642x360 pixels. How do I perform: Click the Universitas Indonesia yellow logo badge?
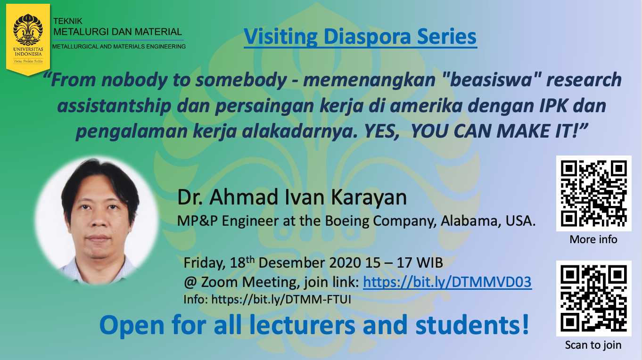point(28,40)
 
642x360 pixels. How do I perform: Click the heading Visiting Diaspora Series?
point(360,37)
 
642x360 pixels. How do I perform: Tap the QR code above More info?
point(594,193)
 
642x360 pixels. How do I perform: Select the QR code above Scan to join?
point(594,298)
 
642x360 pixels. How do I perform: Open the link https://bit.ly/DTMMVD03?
point(447,282)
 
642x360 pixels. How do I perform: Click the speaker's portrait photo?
point(97,221)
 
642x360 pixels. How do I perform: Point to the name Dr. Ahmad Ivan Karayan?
point(292,197)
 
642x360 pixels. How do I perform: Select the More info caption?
point(593,239)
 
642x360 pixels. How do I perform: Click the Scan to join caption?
point(593,345)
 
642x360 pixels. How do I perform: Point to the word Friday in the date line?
point(205,263)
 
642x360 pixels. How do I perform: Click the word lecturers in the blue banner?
point(302,325)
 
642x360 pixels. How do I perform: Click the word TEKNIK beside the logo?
point(68,21)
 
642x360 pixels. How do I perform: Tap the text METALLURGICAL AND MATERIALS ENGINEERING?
point(119,46)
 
